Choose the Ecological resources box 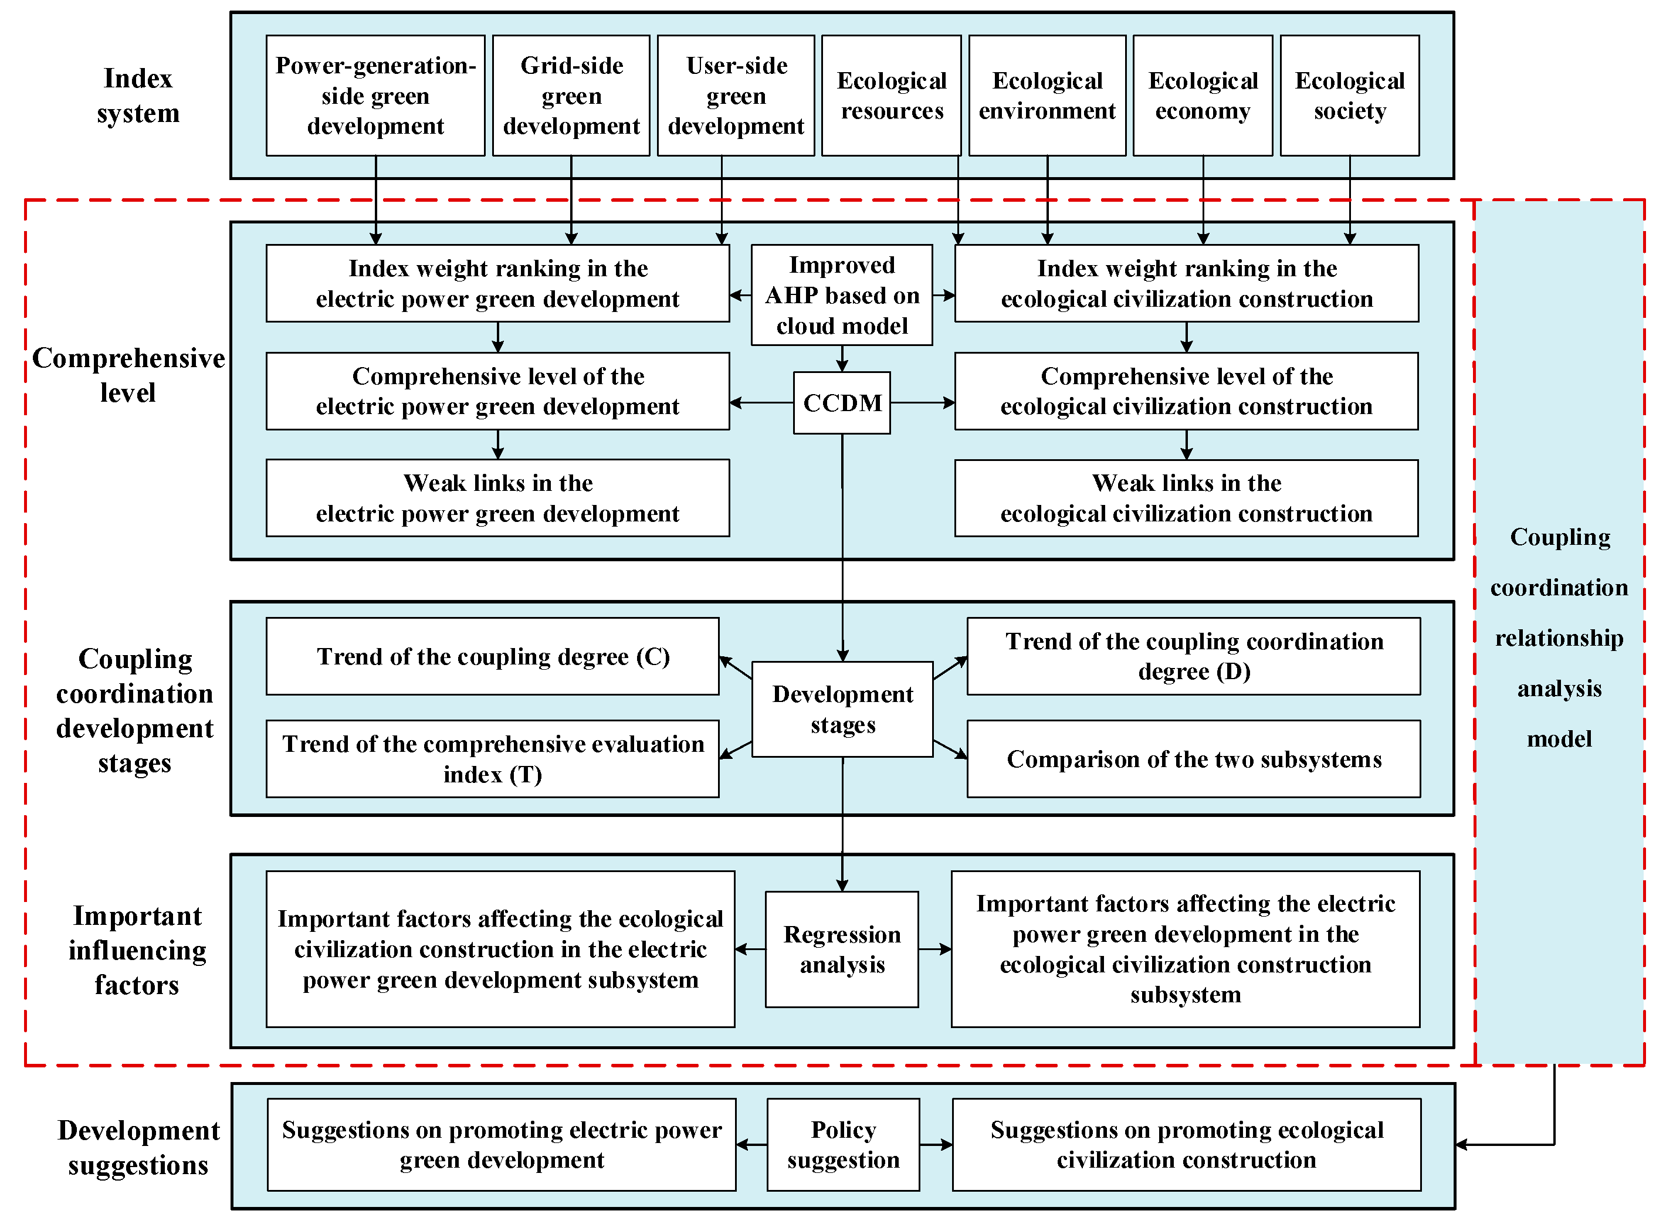click(x=891, y=96)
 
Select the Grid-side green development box click(x=571, y=96)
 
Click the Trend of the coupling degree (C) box click(x=493, y=656)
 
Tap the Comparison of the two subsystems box click(x=1193, y=758)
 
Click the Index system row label click(x=138, y=96)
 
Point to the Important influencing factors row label click(x=137, y=949)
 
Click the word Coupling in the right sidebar click(x=1560, y=537)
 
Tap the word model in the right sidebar click(x=1559, y=738)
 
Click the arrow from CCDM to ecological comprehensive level click(x=923, y=402)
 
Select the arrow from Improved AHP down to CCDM click(x=842, y=358)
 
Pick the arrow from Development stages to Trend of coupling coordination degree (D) click(x=950, y=667)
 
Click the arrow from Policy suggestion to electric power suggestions click(x=751, y=1145)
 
